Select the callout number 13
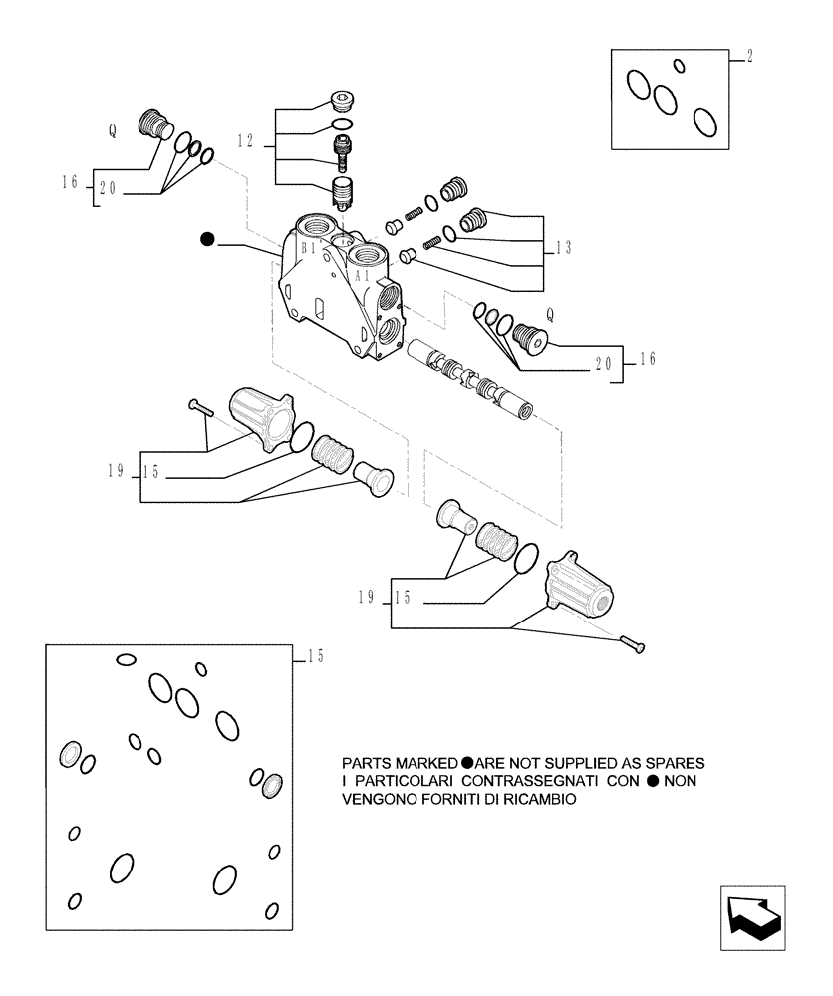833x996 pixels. coord(565,247)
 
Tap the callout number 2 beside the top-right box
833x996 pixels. coord(749,57)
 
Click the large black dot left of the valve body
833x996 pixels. coord(207,239)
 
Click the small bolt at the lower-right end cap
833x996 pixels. coord(632,645)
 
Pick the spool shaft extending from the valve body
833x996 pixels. coord(468,378)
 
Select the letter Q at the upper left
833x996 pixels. coord(113,129)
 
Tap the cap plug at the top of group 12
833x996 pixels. coord(341,100)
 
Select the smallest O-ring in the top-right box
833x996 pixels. coord(679,66)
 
